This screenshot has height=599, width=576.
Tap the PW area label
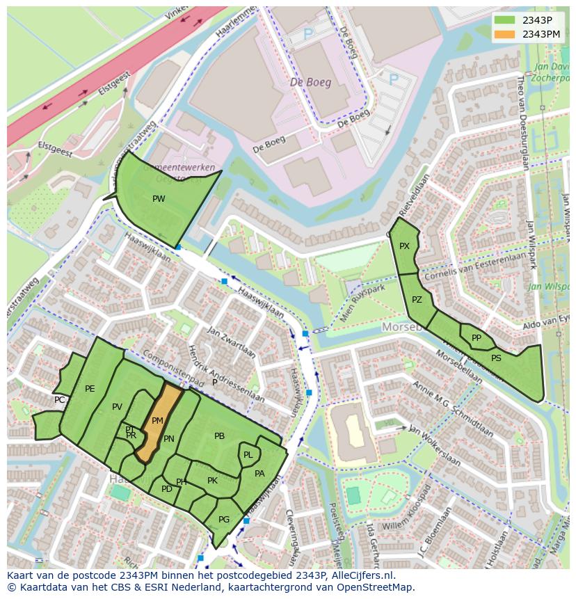click(159, 199)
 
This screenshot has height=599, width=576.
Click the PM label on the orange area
click(157, 421)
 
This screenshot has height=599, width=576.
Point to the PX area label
click(404, 246)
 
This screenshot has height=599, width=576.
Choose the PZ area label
click(417, 301)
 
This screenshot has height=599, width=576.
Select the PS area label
click(496, 358)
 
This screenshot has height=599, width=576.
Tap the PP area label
click(477, 338)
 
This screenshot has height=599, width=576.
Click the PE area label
click(90, 389)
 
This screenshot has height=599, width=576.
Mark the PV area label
click(117, 407)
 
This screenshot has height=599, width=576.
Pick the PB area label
click(219, 436)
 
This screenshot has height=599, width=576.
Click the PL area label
click(248, 455)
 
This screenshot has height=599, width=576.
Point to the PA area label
click(259, 474)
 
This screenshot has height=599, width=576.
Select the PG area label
click(223, 520)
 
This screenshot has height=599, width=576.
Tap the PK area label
click(212, 481)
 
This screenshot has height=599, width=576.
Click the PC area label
click(60, 400)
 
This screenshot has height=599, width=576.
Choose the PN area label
click(168, 439)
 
